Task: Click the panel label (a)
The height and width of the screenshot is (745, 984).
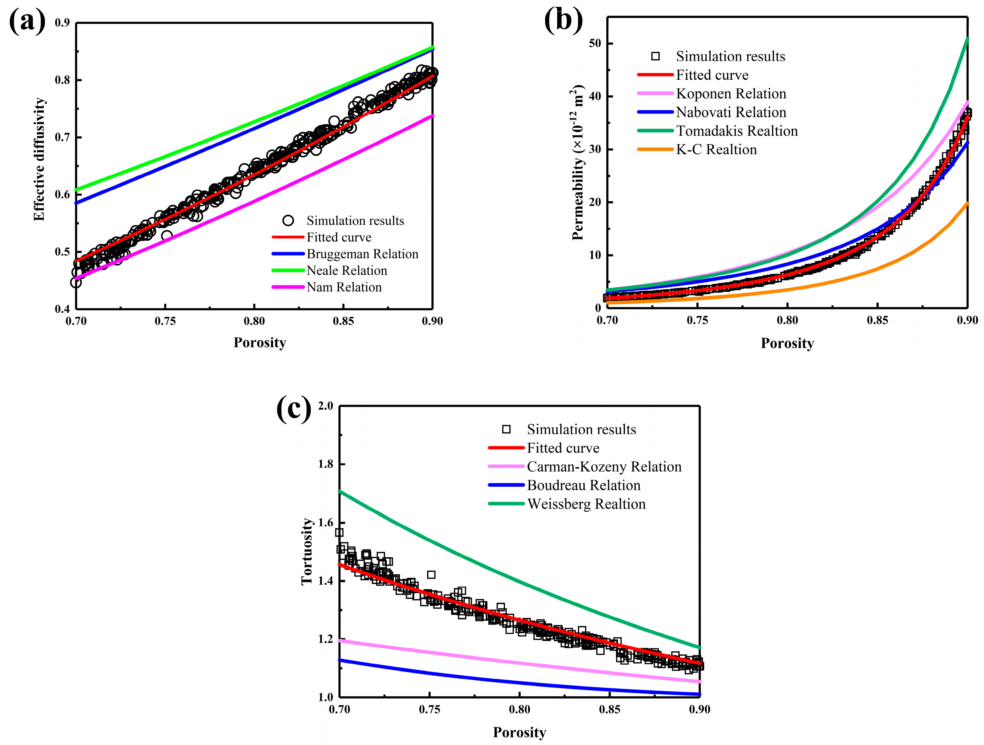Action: coord(27,21)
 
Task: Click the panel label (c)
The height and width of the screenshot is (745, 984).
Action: coord(294,409)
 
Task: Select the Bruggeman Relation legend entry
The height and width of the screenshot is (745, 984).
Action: coord(362,254)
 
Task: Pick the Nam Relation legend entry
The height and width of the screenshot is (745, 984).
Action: coord(344,287)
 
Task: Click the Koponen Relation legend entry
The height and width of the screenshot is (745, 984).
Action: coord(731,93)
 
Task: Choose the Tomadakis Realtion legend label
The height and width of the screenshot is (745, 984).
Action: coord(737,131)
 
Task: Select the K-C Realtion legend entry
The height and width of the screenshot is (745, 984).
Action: coord(716,149)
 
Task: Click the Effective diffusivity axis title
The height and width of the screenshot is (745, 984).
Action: coord(39,159)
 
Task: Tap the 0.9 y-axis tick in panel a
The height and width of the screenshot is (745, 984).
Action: coord(62,23)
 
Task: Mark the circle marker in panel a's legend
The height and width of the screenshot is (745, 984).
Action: coord(288,220)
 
